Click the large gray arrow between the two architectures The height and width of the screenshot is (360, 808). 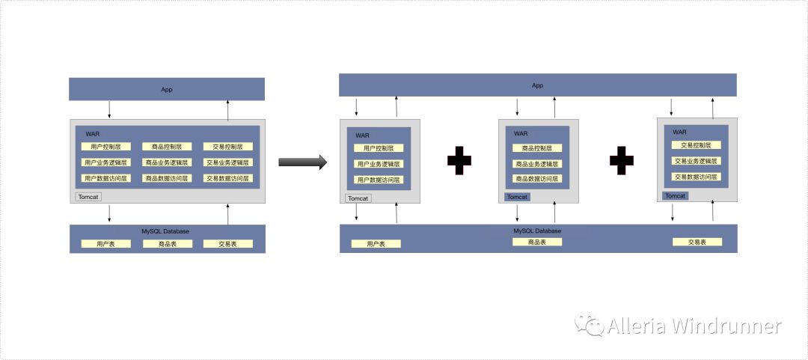pos(302,162)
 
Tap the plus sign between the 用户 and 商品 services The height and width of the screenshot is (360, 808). pos(459,161)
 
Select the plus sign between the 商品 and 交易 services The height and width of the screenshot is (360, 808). pos(621,160)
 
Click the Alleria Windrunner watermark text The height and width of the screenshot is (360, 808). pos(694,326)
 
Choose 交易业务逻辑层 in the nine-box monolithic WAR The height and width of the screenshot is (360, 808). pos(228,162)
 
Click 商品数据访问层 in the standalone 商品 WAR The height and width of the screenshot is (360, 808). pos(536,179)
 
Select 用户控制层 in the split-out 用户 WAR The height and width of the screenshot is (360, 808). pos(379,148)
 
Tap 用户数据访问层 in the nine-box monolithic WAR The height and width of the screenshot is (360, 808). pos(105,179)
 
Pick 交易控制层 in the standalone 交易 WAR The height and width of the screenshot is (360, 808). pos(696,145)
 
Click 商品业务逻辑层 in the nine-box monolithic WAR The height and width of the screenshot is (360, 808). pos(167,162)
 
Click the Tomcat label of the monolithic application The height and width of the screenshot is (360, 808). pos(88,197)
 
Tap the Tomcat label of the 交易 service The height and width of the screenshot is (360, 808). pos(675,196)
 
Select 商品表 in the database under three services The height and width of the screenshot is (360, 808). pos(536,242)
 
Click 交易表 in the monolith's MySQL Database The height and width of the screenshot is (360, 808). pos(228,244)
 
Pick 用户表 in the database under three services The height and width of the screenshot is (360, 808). pos(376,244)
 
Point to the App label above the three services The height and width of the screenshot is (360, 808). pos(537,85)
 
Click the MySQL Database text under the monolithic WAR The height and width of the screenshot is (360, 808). pos(165,231)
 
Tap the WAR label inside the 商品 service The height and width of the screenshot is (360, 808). pos(521,133)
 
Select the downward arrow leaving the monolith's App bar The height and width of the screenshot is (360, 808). pos(109,109)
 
